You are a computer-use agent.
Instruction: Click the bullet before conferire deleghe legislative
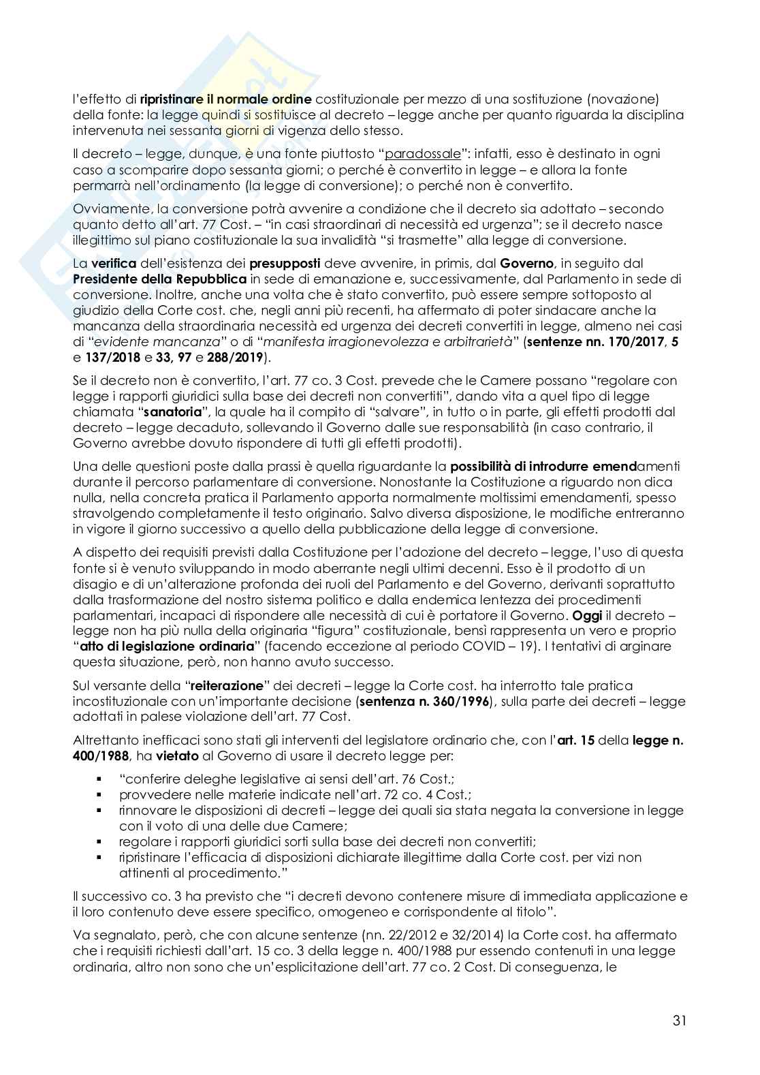pos(99,779)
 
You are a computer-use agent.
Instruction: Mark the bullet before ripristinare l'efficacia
pos(99,858)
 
